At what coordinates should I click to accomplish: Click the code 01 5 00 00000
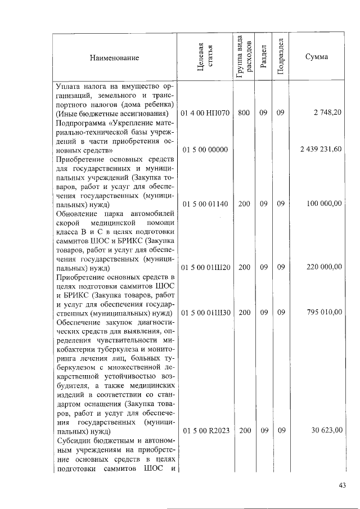tap(205, 150)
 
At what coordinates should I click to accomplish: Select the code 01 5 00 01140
tap(205, 204)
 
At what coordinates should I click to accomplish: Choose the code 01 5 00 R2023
tap(205, 431)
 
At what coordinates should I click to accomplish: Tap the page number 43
tap(342, 485)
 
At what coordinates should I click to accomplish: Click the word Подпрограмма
tap(80, 122)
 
